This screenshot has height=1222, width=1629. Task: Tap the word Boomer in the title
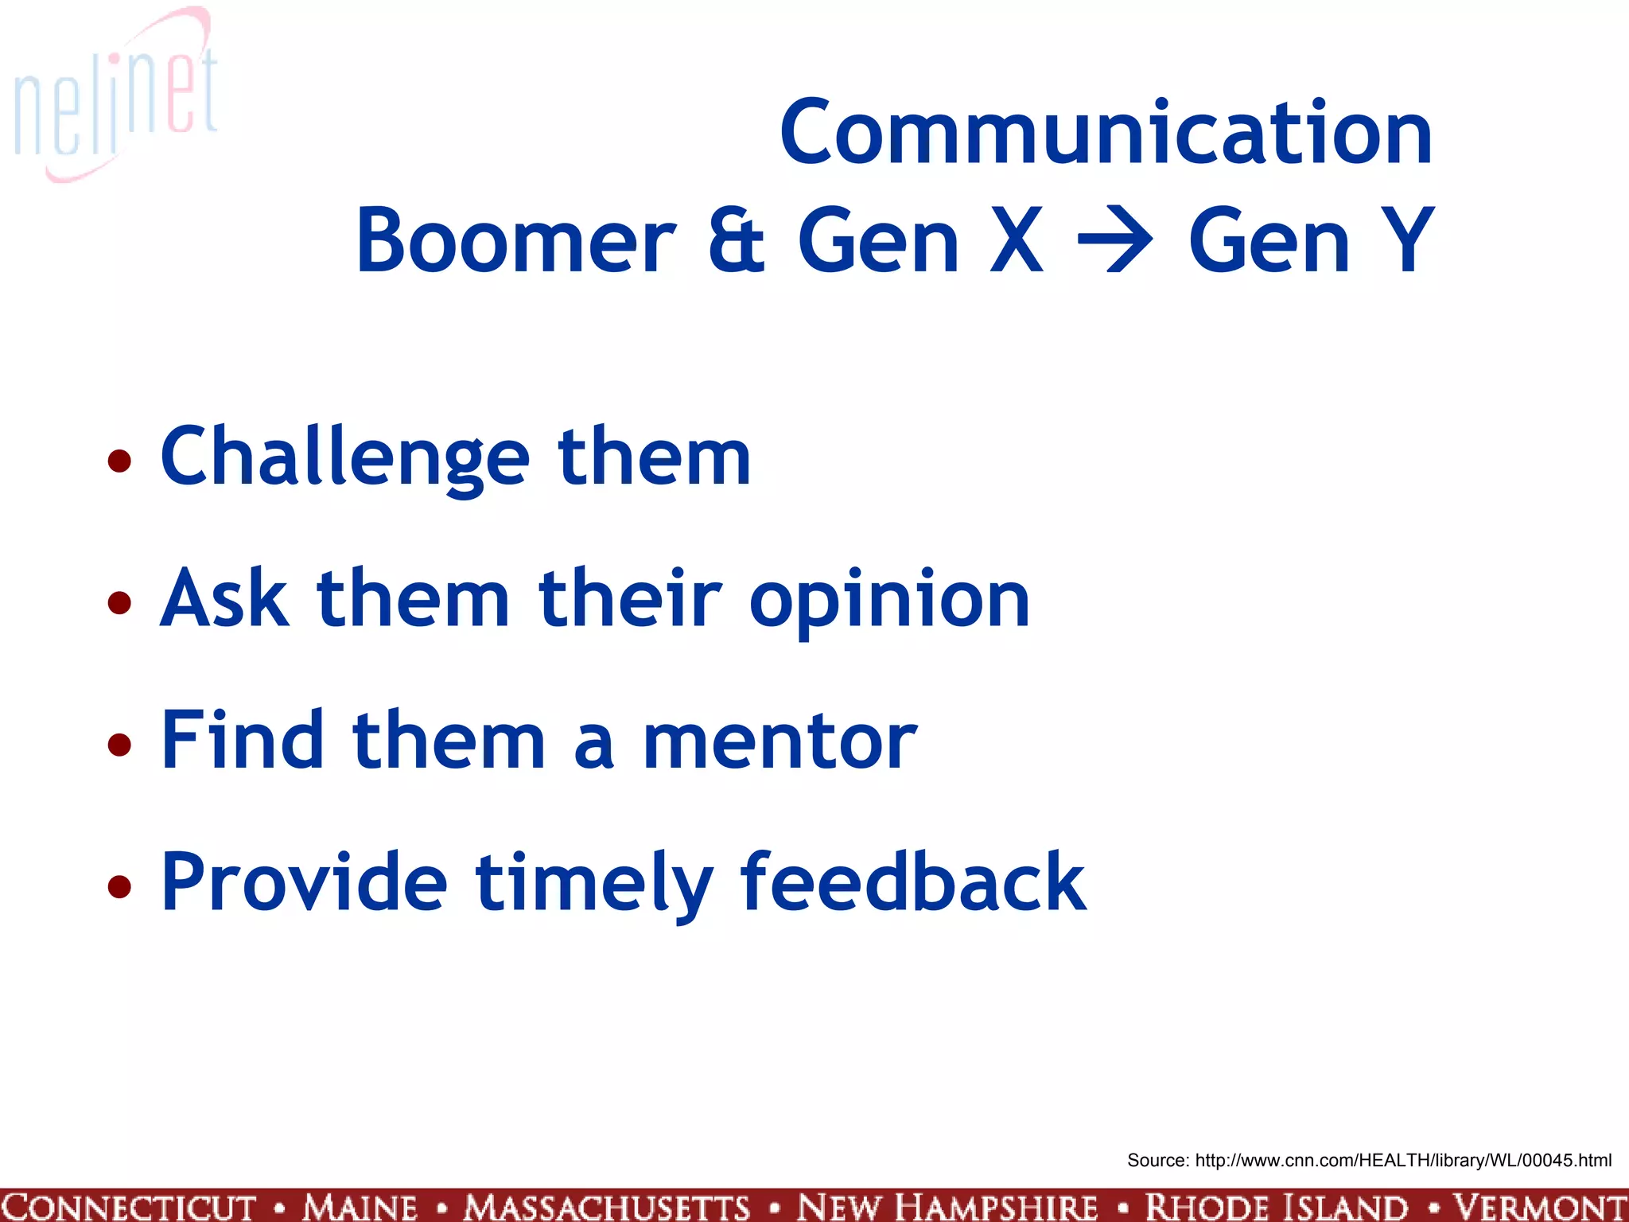[515, 240]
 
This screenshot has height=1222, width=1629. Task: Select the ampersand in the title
[736, 240]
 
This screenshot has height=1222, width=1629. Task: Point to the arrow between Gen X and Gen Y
[1114, 240]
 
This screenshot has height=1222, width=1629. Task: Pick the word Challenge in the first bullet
[344, 457]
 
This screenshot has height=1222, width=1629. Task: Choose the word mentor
[780, 741]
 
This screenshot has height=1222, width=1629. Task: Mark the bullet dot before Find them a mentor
[119, 744]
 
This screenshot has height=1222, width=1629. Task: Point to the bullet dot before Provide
[119, 885]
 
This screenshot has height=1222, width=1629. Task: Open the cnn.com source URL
[1403, 1160]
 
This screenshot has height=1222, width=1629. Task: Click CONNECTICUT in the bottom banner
[129, 1206]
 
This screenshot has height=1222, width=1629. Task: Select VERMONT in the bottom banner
[1540, 1206]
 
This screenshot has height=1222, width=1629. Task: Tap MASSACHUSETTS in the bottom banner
[607, 1206]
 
